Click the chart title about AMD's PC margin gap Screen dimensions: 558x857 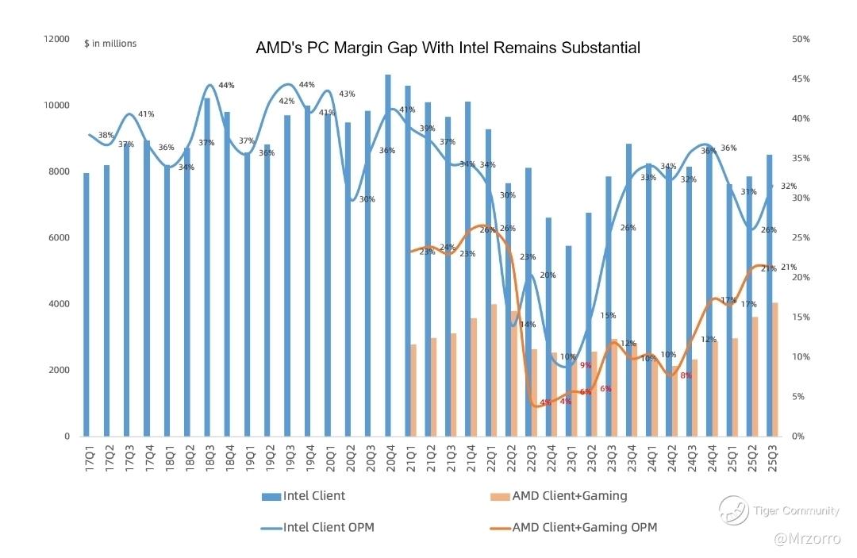448,48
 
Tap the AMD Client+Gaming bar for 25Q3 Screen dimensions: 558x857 774,369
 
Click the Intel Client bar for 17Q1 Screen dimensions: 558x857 86,304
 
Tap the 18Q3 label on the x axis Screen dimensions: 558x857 208,463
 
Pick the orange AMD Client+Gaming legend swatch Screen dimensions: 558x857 500,497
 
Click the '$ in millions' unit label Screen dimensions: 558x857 110,44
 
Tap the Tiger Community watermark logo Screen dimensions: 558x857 734,510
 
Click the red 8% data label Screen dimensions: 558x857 686,375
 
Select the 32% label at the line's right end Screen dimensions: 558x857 789,186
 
